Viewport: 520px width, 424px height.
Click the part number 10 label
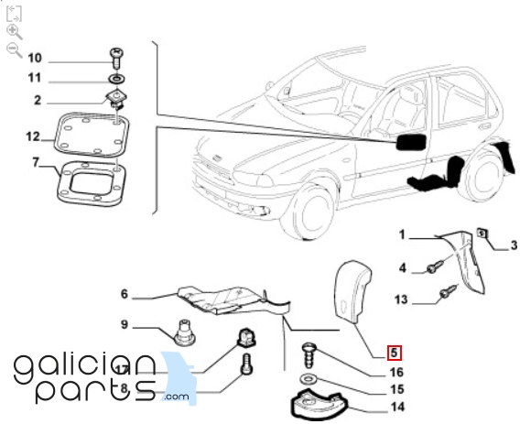coord(35,58)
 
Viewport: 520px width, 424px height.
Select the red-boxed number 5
coord(394,353)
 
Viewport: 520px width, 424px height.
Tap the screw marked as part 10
coord(116,58)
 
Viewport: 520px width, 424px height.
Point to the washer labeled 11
coord(117,79)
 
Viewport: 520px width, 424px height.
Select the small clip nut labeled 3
coord(482,234)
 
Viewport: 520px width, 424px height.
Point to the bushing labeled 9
coord(185,332)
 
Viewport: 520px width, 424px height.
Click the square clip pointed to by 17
coord(246,337)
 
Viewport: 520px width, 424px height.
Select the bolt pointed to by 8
coord(247,364)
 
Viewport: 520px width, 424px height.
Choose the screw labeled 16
coord(309,356)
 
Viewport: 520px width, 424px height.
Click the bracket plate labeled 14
coord(318,406)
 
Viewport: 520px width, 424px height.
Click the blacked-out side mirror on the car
coord(410,142)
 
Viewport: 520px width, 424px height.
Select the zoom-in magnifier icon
coord(15,32)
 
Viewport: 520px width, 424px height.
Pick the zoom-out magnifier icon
coord(15,49)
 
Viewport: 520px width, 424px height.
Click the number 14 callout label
coord(397,407)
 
